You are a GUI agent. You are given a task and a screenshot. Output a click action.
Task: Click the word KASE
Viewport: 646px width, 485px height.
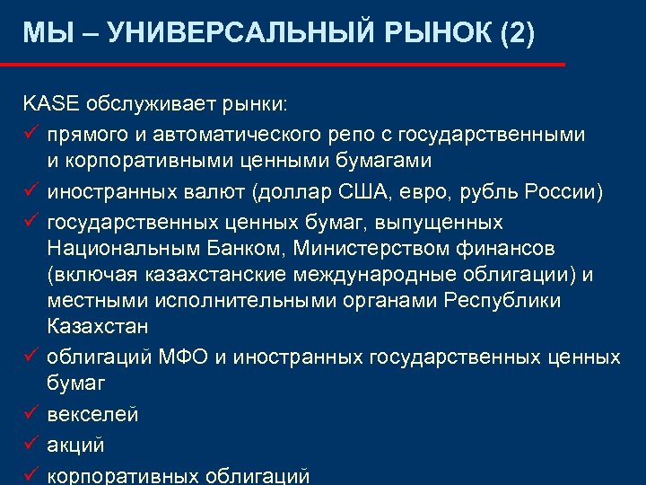click(x=50, y=104)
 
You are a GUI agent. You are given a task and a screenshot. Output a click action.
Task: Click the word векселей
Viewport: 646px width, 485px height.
click(x=92, y=415)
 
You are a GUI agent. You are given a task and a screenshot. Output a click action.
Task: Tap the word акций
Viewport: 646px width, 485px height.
click(x=76, y=445)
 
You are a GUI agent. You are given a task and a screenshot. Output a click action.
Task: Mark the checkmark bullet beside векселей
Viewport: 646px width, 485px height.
click(x=31, y=414)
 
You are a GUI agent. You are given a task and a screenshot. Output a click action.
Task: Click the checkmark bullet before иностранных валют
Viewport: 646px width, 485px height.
click(x=31, y=191)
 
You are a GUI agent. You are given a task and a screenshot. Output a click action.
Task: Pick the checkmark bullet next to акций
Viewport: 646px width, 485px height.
click(x=31, y=444)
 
